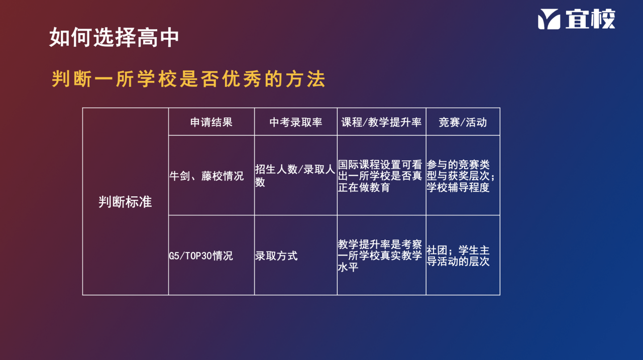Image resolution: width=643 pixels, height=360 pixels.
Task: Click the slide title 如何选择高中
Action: [114, 37]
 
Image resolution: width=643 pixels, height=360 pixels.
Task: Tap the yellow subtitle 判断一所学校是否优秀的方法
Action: [188, 79]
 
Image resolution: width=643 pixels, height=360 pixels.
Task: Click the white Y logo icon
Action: [549, 19]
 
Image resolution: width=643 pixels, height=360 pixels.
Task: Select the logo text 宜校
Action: [590, 19]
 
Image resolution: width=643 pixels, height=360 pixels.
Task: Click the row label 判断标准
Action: [125, 202]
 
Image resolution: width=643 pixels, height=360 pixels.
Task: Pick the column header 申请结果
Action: [211, 122]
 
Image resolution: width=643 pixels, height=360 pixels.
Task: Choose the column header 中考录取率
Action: [296, 122]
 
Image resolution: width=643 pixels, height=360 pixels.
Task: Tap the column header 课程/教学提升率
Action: [381, 122]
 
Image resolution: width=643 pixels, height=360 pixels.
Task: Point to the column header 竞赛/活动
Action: [463, 122]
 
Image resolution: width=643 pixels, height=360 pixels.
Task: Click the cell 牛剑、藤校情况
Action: [206, 176]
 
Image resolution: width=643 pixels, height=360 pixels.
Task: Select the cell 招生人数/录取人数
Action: [295, 175]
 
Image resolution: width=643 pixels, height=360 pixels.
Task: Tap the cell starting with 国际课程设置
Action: [380, 176]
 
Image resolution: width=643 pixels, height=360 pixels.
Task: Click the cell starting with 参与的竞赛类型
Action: [461, 176]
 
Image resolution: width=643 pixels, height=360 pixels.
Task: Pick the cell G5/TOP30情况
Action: [201, 256]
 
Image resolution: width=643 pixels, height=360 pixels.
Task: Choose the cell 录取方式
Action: [276, 256]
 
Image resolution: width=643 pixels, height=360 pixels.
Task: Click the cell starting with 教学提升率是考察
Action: [380, 256]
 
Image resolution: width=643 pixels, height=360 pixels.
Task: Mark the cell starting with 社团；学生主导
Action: [458, 256]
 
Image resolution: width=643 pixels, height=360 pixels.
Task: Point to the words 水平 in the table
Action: [348, 267]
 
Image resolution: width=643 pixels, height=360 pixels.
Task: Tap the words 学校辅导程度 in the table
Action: [458, 187]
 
